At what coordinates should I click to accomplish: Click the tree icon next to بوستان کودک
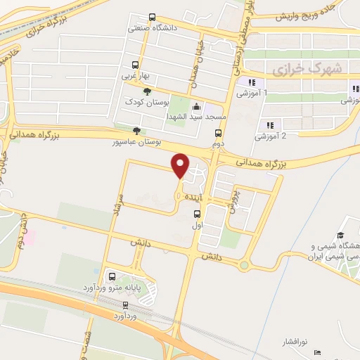coord(147,91)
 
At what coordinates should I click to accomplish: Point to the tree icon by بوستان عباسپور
coord(136,130)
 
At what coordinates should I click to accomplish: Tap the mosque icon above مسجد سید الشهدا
coord(195,106)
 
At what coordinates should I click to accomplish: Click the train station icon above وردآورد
coord(125,305)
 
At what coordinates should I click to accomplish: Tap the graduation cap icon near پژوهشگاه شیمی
coord(340,235)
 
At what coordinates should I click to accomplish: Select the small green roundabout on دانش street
coord(245,266)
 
